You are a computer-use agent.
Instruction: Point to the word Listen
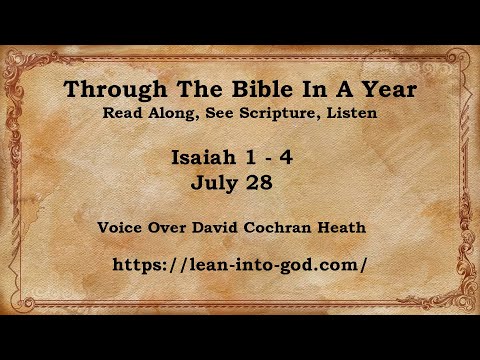(349, 113)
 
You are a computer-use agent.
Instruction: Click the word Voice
(122, 227)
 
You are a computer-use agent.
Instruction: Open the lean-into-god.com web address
(241, 265)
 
